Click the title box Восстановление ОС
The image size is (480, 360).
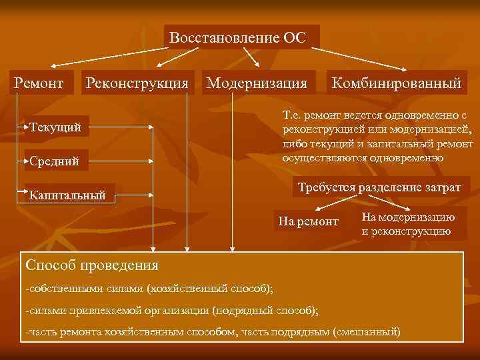[238, 37]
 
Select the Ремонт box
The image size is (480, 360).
[39, 83]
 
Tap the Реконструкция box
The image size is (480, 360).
[137, 83]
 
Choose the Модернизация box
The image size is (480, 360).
[257, 83]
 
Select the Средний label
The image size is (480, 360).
[54, 161]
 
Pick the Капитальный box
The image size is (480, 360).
[69, 195]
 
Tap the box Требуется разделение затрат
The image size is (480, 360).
[379, 188]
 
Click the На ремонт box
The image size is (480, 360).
[308, 221]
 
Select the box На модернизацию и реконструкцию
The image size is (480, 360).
[408, 225]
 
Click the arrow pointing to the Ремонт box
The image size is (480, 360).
[54, 65]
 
